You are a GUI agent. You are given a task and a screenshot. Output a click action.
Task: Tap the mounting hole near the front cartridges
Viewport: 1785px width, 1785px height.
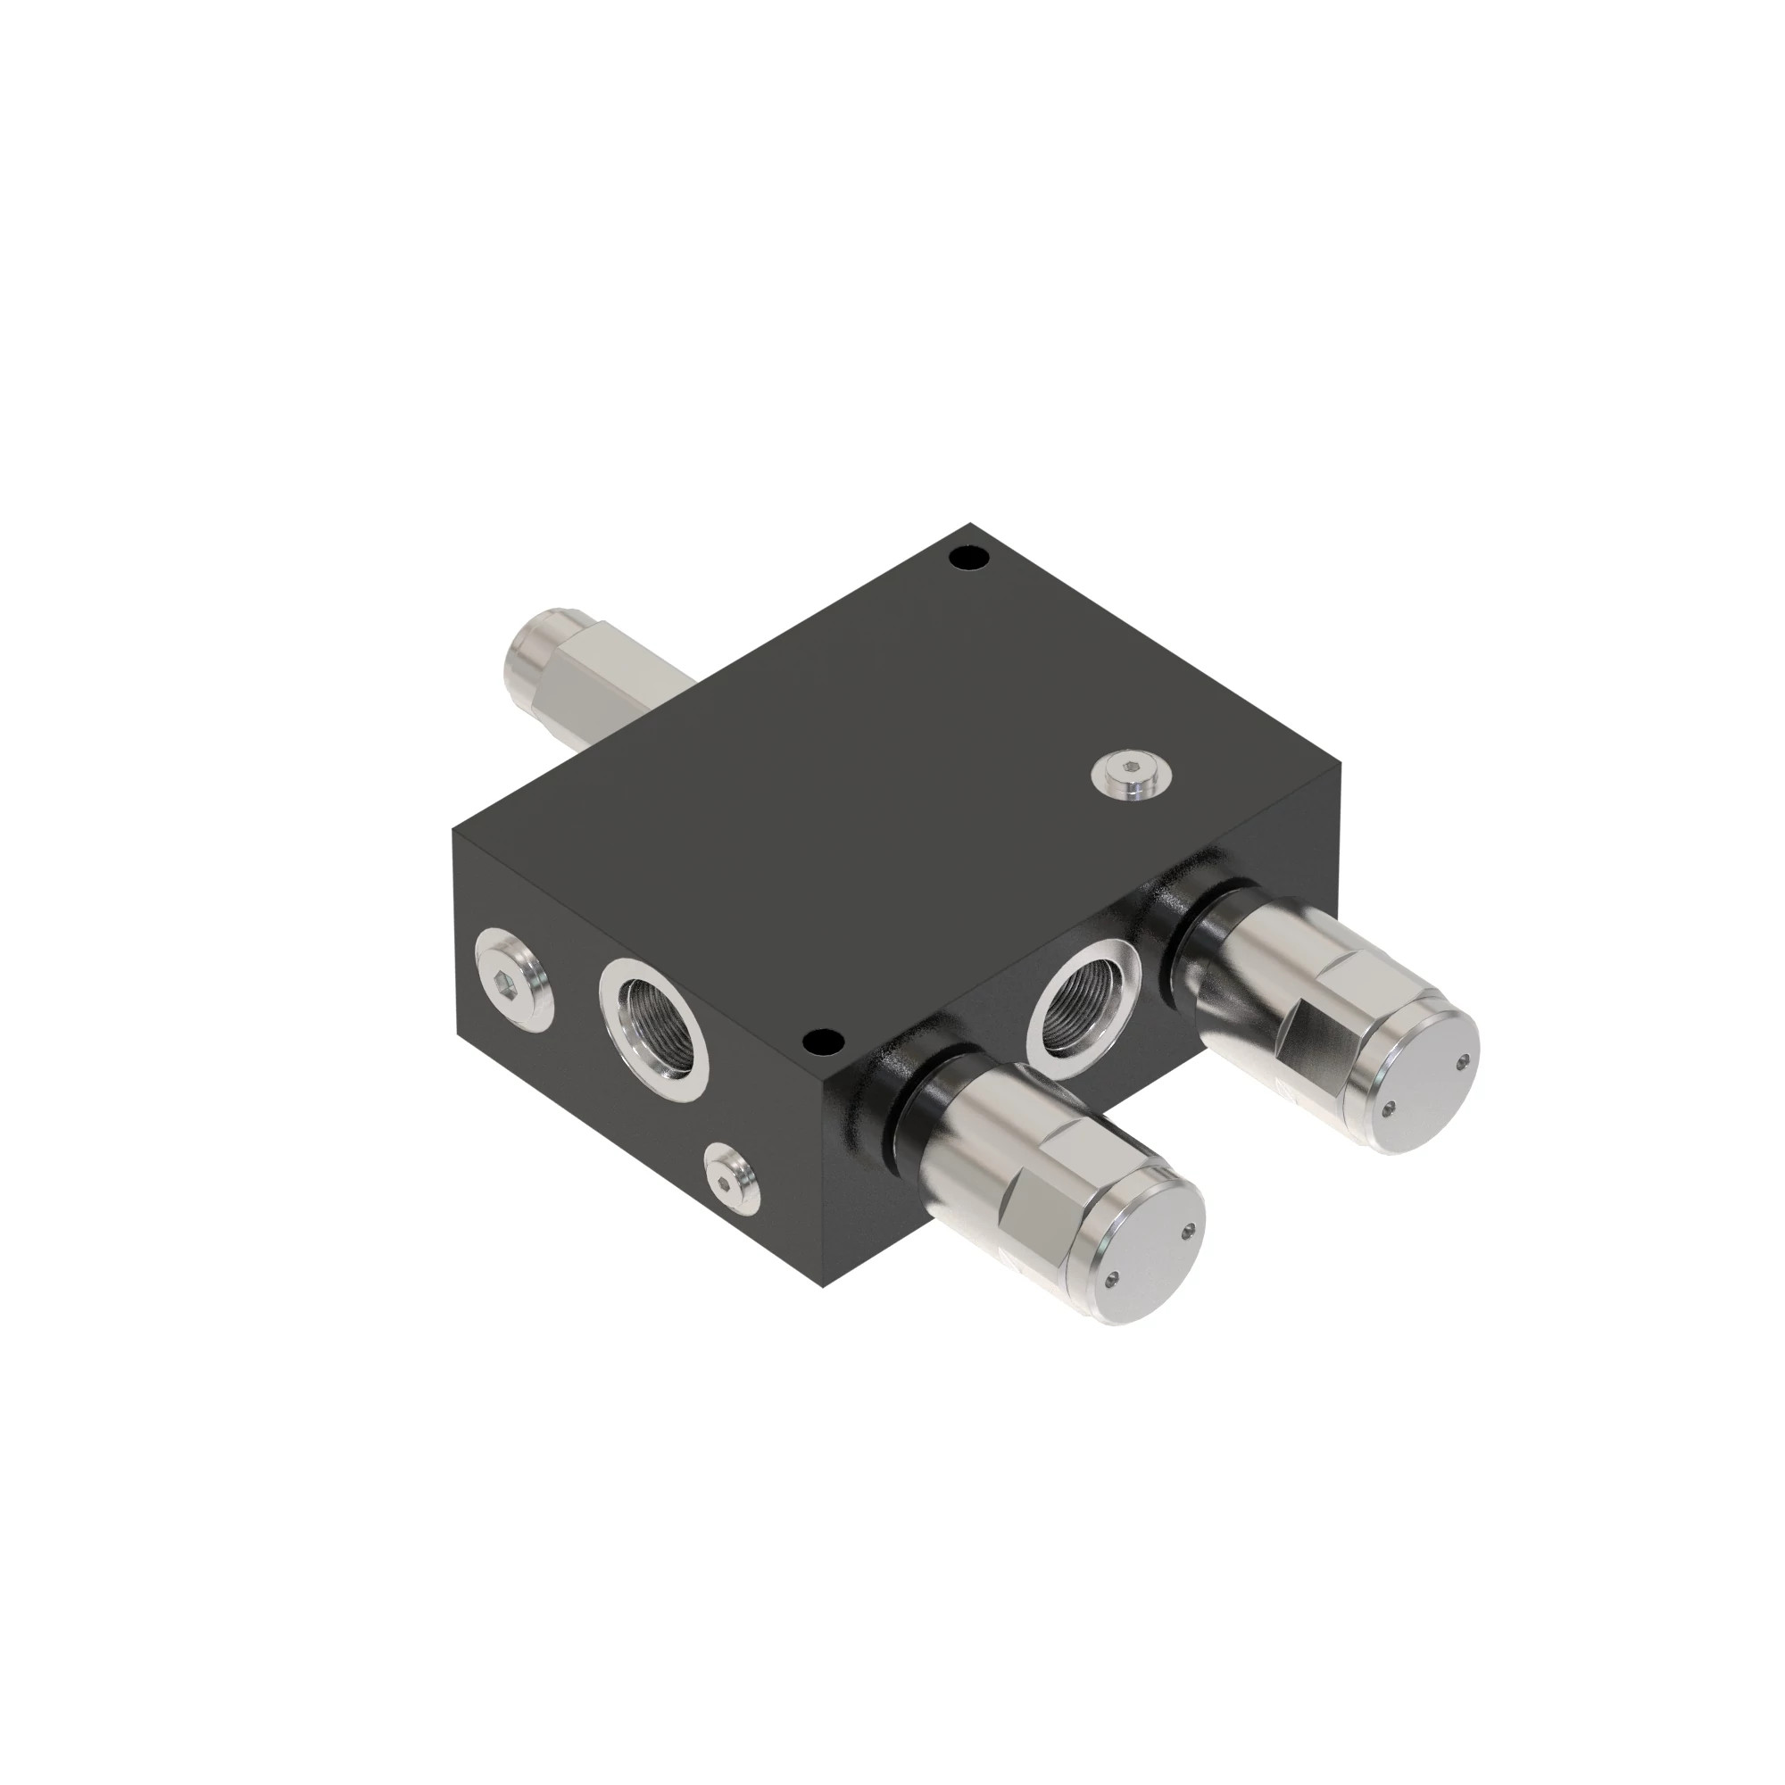[823, 1042]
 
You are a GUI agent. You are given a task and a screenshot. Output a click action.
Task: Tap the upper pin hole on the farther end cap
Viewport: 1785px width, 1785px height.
[1463, 1061]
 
